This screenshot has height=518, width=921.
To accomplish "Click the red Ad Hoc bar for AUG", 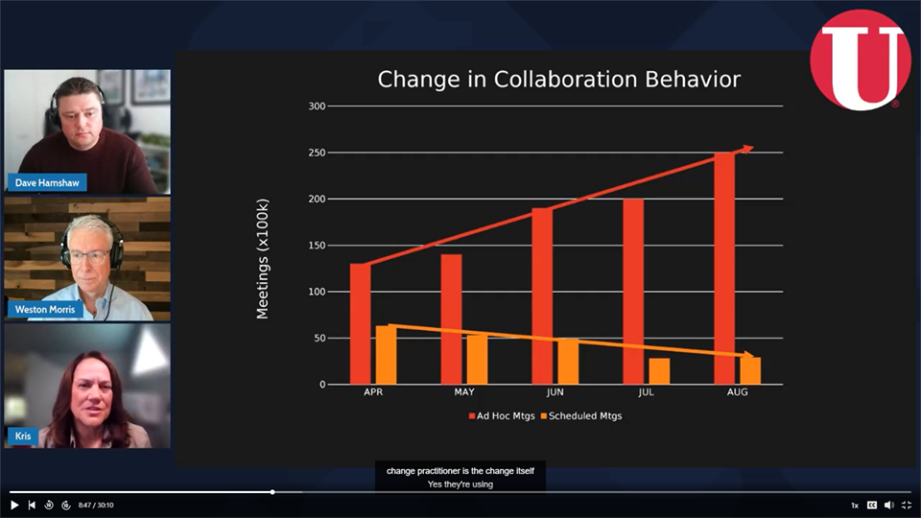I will click(724, 269).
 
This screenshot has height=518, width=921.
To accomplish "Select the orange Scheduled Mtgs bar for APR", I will click(386, 355).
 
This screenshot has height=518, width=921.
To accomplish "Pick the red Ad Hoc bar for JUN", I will click(542, 296).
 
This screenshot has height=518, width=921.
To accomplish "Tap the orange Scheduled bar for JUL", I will click(659, 371).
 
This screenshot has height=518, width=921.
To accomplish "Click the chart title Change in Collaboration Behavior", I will click(558, 79).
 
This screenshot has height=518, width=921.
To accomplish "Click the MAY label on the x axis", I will click(464, 393).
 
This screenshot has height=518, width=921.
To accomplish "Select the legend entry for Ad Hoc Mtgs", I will click(501, 415).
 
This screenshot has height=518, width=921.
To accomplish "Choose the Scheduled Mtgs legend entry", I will click(581, 415).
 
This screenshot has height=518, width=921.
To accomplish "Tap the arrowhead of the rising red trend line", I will click(746, 148).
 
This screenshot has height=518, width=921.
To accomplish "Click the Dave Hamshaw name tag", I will click(46, 182).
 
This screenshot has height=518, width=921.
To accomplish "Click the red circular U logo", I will click(860, 59).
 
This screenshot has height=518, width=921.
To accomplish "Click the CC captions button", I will click(872, 505).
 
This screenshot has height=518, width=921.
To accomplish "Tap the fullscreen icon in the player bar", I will click(907, 505).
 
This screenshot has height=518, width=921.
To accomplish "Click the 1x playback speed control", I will click(854, 505).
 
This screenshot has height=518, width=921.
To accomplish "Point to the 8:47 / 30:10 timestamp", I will click(96, 505).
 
